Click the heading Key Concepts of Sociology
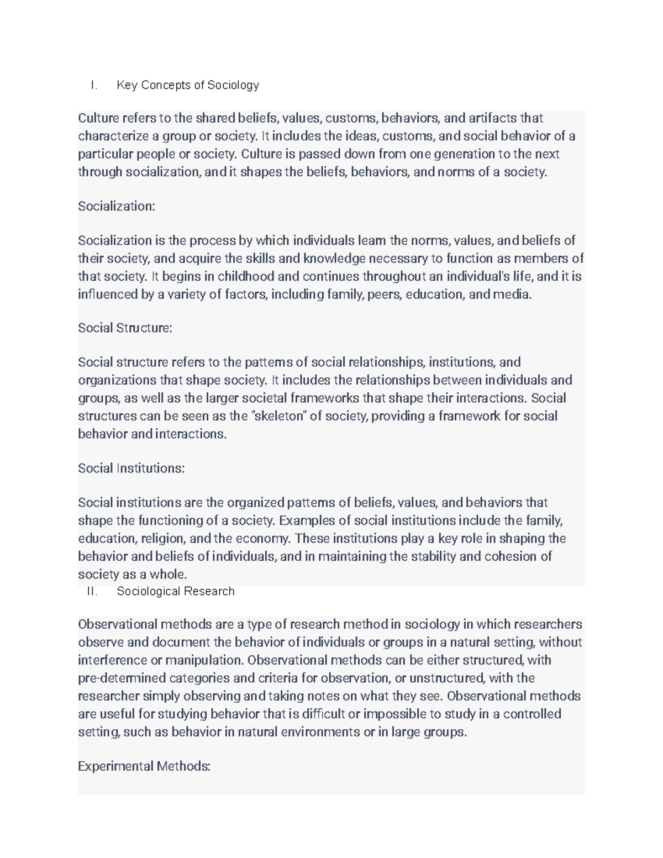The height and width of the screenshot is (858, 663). [188, 85]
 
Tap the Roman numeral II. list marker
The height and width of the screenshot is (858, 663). [92, 591]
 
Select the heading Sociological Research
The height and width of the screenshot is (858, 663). [176, 591]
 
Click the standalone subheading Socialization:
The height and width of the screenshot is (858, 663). [117, 206]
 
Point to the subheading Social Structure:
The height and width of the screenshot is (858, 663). [125, 328]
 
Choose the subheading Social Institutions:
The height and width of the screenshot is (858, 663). [131, 468]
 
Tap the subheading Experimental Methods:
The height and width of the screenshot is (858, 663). [144, 766]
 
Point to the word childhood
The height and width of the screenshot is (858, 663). [249, 276]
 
